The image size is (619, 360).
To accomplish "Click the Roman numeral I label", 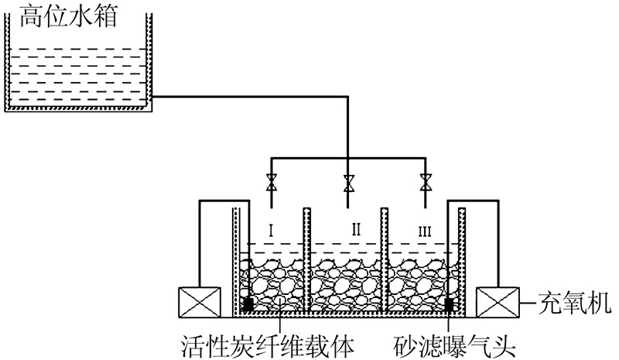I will [272, 229].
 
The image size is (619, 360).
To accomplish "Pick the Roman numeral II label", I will [357, 229].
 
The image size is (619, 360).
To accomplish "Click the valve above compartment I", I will [272, 185].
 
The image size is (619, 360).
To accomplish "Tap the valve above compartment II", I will [348, 185].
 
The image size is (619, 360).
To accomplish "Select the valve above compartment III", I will [425, 185].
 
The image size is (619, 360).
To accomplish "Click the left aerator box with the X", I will [199, 302].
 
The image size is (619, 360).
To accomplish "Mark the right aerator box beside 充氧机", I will [497, 302].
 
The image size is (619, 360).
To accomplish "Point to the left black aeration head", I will [248, 303].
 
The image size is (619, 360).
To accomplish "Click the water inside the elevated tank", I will [77, 77].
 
